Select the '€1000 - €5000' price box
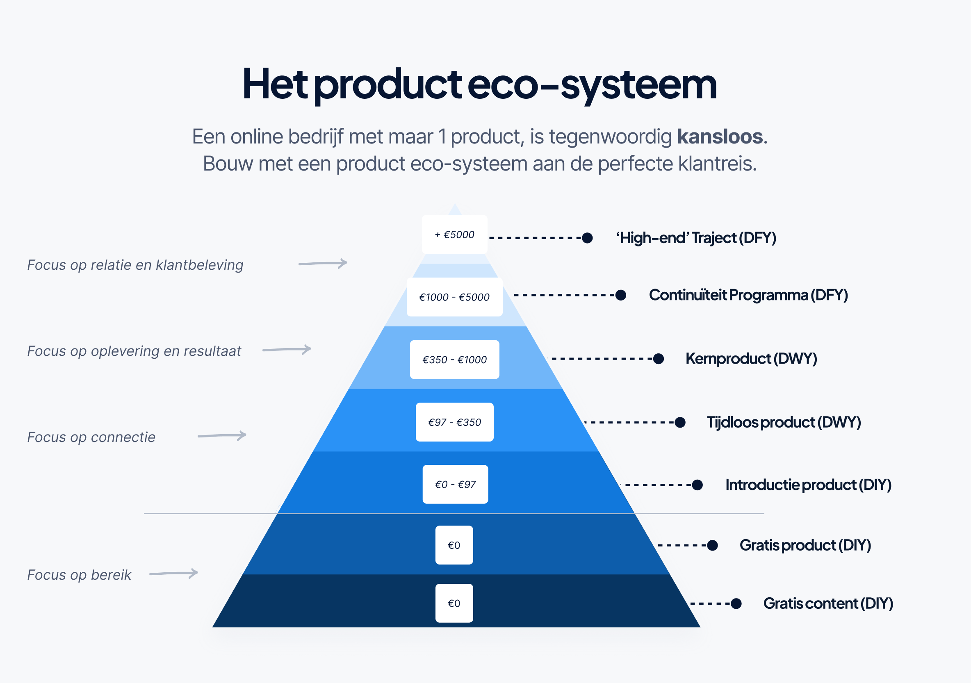[x=455, y=297]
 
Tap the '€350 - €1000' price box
[x=455, y=360]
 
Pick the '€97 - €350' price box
[x=455, y=422]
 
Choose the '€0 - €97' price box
[x=455, y=484]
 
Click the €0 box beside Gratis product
[x=454, y=545]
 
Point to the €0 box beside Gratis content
[x=454, y=603]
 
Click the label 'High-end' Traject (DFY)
[x=696, y=238]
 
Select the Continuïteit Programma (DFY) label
[x=749, y=295]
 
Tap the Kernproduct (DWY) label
[x=751, y=359]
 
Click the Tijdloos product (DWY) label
[x=784, y=422]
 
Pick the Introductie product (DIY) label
[x=808, y=485]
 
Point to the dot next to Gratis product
[x=713, y=546]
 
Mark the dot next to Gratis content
[x=736, y=603]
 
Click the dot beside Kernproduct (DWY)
[x=659, y=359]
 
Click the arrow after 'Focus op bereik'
[x=174, y=574]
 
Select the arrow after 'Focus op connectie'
[x=222, y=436]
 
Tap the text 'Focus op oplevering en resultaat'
[x=134, y=351]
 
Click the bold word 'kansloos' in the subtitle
[x=720, y=137]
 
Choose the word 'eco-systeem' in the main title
[x=592, y=84]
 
